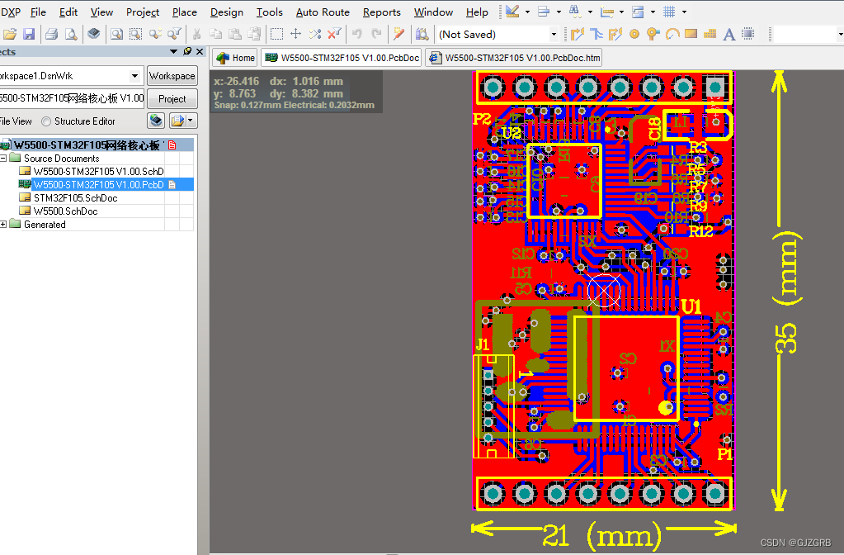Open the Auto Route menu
tap(323, 12)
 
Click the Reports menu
tap(381, 12)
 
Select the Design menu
tap(226, 12)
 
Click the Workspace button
tap(172, 76)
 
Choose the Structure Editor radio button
tap(47, 121)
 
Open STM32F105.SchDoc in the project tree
tap(75, 198)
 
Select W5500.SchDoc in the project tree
tap(65, 211)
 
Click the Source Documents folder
tap(61, 159)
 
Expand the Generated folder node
tap(4, 225)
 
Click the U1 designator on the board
tap(691, 306)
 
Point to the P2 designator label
tap(482, 119)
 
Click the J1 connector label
tap(483, 344)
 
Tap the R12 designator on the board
tap(700, 231)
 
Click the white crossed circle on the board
tap(604, 292)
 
